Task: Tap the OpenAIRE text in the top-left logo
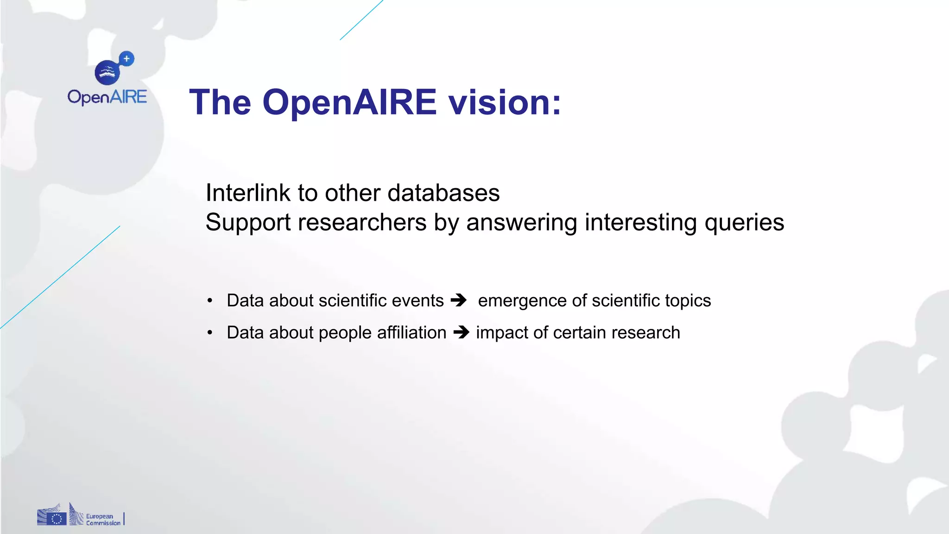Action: [x=107, y=97]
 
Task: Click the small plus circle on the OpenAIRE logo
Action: [x=127, y=59]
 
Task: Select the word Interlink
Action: [x=248, y=193]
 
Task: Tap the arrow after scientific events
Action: [x=459, y=300]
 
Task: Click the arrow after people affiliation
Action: [x=461, y=332]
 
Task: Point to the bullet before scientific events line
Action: [x=210, y=301]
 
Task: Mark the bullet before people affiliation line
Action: [x=210, y=333]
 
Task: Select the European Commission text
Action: [x=103, y=520]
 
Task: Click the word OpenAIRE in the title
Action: [x=349, y=102]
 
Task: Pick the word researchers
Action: [x=362, y=222]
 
